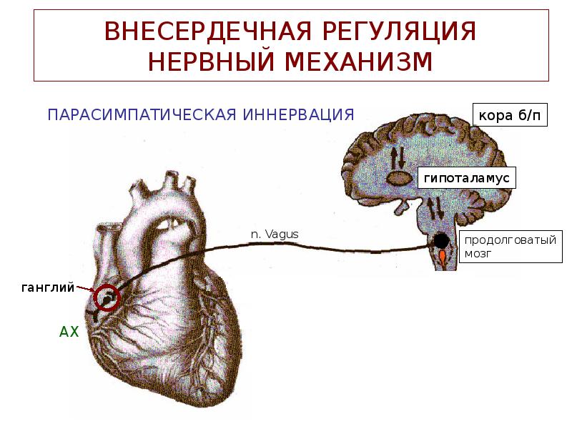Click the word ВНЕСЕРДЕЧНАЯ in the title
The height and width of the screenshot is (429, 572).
click(192, 32)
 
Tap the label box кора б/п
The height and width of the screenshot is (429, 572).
click(509, 114)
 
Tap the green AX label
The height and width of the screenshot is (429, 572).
click(68, 331)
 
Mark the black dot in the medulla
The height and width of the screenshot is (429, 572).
click(442, 241)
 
